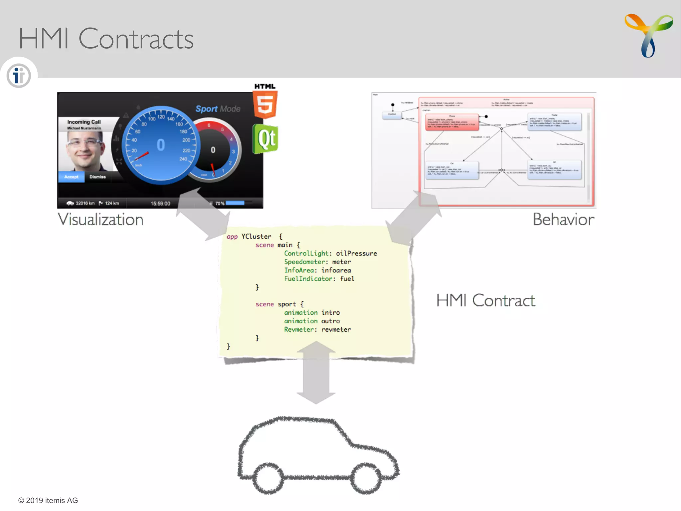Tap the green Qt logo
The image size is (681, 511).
click(266, 139)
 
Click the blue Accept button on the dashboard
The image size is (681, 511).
click(71, 177)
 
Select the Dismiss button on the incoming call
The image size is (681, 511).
click(97, 177)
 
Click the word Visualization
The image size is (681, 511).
click(100, 220)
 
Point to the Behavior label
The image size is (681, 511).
click(563, 220)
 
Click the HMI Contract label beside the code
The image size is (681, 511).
click(485, 300)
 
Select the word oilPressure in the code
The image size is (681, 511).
click(356, 254)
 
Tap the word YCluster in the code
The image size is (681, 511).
click(256, 237)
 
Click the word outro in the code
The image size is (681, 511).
click(330, 321)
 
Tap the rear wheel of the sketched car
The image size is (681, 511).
click(268, 478)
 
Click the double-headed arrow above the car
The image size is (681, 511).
click(316, 373)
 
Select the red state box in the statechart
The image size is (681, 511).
click(452, 122)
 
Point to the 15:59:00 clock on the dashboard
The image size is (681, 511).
click(160, 203)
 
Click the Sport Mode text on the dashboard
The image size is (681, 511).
click(218, 109)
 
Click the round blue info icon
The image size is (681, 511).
click(19, 76)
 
